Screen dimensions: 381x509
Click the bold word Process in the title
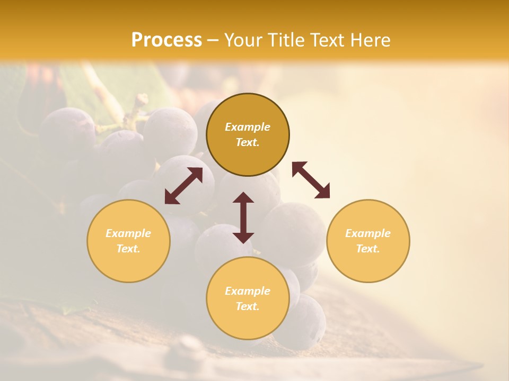pos(166,40)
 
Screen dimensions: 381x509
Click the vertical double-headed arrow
pos(243,218)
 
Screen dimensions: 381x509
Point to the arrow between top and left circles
pos(183,186)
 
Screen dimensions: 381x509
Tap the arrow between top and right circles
pos(311,180)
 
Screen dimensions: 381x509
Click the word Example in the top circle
pos(248,127)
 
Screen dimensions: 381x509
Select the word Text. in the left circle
pos(128,249)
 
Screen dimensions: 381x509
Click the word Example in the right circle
pos(368,233)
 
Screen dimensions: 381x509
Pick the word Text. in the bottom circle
pos(248,306)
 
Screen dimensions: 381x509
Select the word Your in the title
pos(242,40)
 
